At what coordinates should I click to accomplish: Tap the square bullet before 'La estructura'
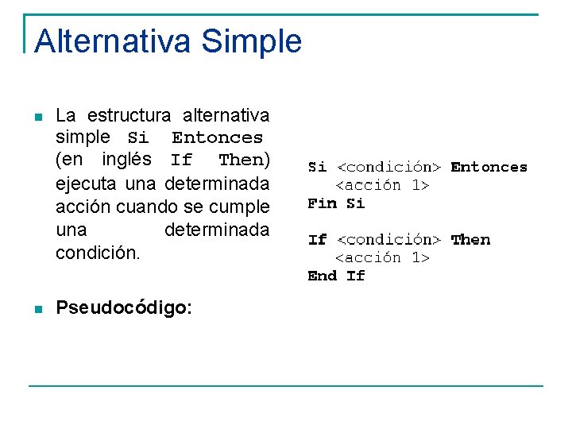(37, 118)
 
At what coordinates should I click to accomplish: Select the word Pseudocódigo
(123, 308)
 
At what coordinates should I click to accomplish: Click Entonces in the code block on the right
(489, 167)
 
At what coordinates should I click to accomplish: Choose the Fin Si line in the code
(336, 203)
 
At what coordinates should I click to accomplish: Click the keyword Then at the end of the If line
(470, 240)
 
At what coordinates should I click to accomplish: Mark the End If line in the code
(336, 276)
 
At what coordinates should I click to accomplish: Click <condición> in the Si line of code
(388, 167)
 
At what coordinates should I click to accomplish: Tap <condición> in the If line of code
(388, 240)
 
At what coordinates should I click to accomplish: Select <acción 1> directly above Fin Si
(381, 185)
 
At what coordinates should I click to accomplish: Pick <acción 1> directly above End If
(381, 258)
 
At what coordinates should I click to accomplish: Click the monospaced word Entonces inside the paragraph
(217, 138)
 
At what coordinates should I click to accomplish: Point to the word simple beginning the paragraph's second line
(83, 137)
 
